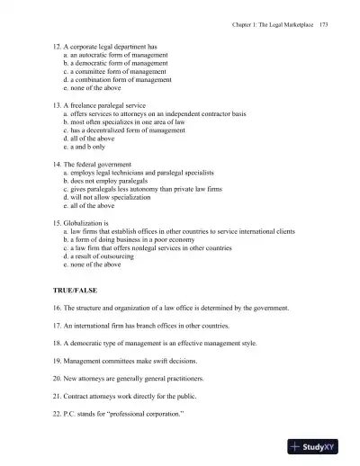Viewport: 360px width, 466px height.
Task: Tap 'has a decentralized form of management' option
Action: pos(123,130)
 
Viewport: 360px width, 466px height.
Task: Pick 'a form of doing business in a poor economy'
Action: pos(125,238)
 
